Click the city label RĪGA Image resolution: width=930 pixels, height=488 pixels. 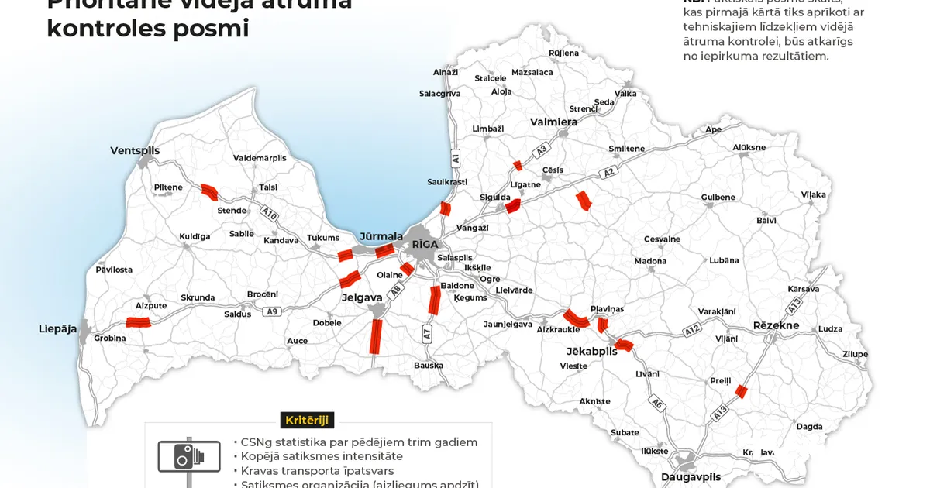click(x=425, y=244)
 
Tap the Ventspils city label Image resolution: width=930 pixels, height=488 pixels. click(x=135, y=150)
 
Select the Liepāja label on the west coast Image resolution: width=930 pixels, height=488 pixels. click(x=58, y=328)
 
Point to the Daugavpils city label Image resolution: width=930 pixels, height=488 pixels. click(x=691, y=476)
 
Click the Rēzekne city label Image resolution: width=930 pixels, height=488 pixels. click(x=776, y=325)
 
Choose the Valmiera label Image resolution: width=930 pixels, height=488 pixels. click(x=553, y=122)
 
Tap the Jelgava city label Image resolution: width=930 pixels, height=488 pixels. click(x=362, y=297)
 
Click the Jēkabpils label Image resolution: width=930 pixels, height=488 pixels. click(x=591, y=351)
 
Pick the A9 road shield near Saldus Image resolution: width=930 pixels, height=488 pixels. click(x=270, y=311)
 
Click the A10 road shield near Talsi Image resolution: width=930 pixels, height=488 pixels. click(x=269, y=211)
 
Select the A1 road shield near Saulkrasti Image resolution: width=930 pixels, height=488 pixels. click(x=456, y=157)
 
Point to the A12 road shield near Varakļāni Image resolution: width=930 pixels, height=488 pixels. click(x=692, y=331)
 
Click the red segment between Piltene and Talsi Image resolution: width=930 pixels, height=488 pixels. click(x=209, y=191)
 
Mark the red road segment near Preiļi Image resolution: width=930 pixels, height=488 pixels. click(x=742, y=391)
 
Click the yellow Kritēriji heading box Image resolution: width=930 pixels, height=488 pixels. click(x=307, y=420)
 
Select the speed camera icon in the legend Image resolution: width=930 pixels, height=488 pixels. click(x=188, y=455)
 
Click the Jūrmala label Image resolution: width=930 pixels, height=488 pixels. click(x=381, y=235)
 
